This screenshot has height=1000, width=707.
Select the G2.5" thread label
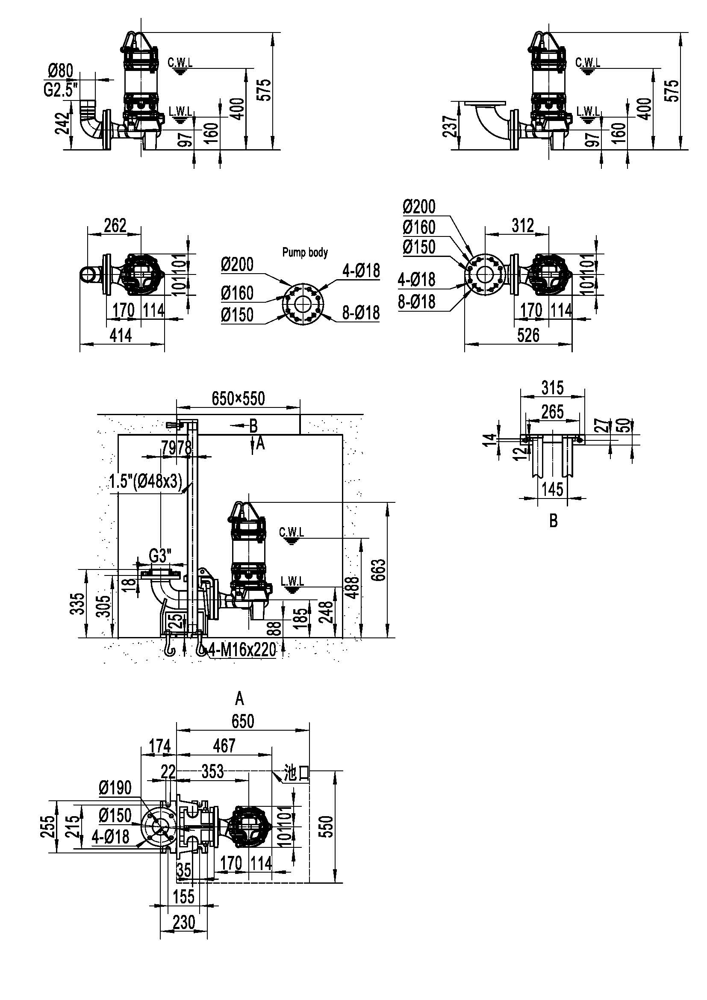[x=61, y=90]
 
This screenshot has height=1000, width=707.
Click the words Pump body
[x=305, y=252]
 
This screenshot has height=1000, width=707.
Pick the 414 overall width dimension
[x=121, y=335]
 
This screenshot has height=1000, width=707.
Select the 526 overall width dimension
[x=528, y=335]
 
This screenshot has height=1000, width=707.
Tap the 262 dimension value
[x=115, y=225]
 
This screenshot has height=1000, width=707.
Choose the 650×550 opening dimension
[x=238, y=398]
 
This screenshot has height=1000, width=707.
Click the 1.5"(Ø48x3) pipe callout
[x=146, y=482]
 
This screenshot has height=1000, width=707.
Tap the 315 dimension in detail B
[x=552, y=387]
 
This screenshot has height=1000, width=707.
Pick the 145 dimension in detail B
[x=552, y=489]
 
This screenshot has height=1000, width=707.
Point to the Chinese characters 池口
[x=296, y=773]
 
